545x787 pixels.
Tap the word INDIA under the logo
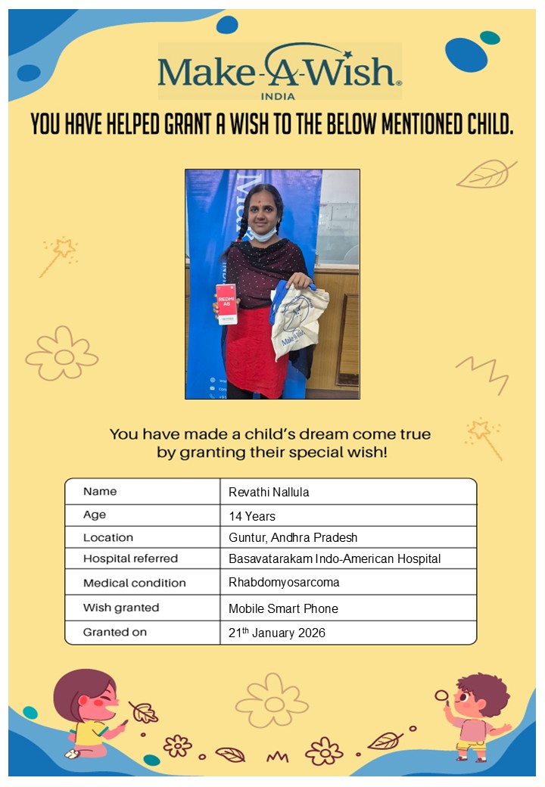coord(278,96)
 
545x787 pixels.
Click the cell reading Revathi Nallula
coord(269,492)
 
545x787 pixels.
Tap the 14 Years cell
coord(252,516)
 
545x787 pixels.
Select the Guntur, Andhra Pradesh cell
coord(293,537)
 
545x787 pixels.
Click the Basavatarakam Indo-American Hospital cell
coord(335,558)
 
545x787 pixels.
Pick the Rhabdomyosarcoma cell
coord(284,583)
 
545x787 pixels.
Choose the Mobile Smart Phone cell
coord(283,608)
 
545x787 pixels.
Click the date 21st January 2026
coord(277,633)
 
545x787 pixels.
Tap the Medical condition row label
coord(134,583)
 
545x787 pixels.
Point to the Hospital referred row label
coord(130,558)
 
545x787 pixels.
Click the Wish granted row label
coord(121,608)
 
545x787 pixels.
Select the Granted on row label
coord(115,632)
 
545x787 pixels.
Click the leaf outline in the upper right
coord(485,174)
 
